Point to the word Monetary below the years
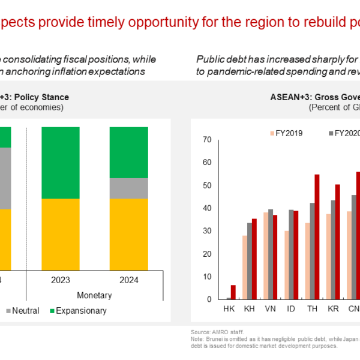pyautogui.click(x=94, y=295)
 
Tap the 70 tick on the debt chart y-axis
pyautogui.click(x=207, y=140)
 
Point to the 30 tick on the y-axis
pyautogui.click(x=207, y=231)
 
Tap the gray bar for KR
pyautogui.click(x=333, y=250)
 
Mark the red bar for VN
pyautogui.click(x=275, y=257)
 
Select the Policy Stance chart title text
pyautogui.click(x=42, y=97)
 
